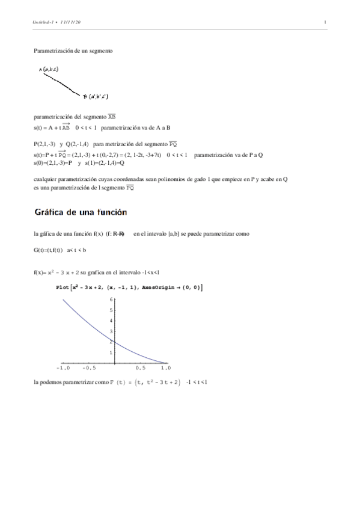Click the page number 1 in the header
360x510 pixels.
(325, 23)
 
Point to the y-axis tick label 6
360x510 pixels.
(111, 299)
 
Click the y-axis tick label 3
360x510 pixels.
(111, 331)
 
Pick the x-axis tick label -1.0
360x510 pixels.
(63, 367)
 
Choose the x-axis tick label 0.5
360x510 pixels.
(140, 367)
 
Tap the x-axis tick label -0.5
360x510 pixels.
(88, 367)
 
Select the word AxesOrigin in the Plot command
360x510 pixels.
(159, 287)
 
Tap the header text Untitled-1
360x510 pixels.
(44, 23)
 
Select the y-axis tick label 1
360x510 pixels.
(111, 352)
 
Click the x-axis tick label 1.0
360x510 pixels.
(165, 367)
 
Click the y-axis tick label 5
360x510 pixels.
(111, 310)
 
